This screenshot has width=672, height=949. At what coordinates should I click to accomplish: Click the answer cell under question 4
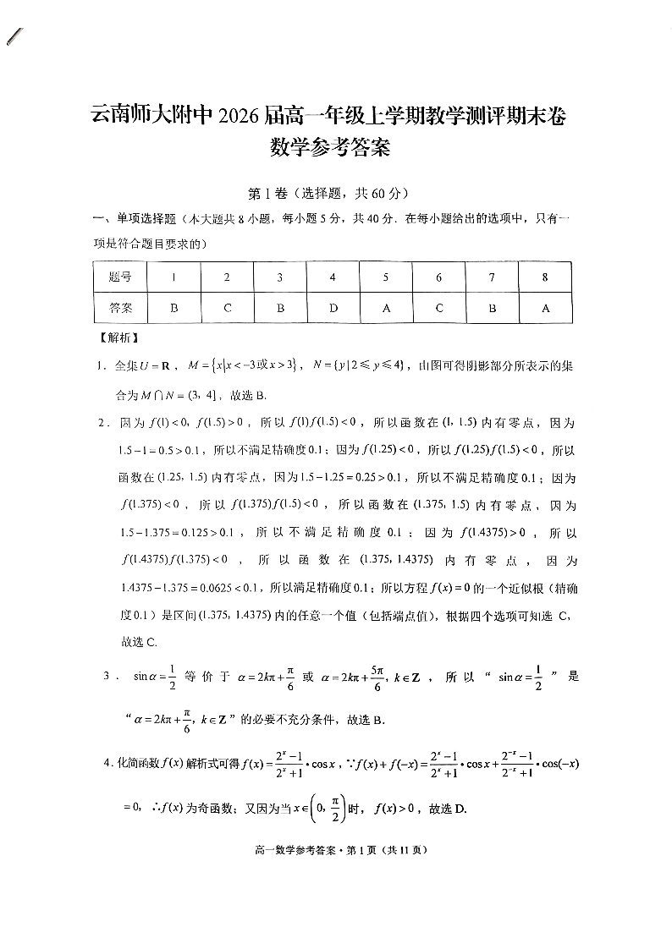[333, 309]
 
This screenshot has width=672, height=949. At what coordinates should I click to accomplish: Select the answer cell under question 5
[386, 309]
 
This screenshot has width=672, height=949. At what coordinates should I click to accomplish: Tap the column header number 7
[492, 277]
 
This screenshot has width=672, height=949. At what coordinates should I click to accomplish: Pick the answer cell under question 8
[545, 309]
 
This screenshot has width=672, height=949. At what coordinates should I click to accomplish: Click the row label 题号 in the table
[120, 277]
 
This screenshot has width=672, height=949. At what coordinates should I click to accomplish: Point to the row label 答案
[120, 309]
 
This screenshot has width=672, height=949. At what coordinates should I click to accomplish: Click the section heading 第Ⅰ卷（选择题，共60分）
[336, 193]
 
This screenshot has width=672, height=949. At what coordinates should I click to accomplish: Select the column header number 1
[174, 277]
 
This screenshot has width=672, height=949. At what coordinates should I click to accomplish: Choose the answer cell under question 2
[227, 309]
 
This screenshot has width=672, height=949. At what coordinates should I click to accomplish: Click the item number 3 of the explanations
[107, 676]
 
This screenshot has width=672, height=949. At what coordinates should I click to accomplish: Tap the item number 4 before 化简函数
[107, 764]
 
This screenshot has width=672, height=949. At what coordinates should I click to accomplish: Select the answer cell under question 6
[438, 309]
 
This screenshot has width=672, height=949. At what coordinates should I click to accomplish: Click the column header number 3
[280, 277]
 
